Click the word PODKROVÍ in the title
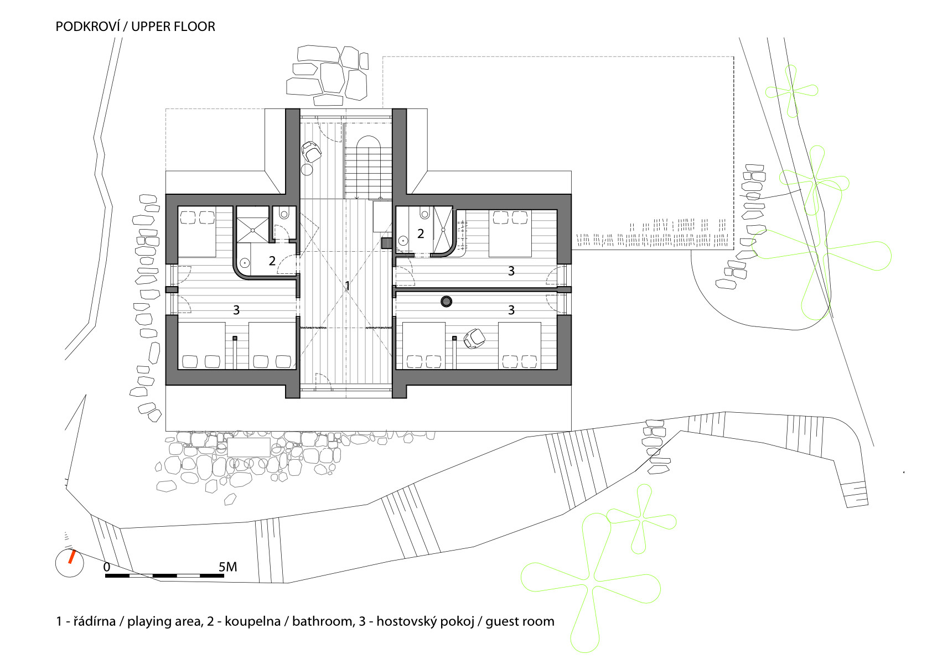tap(87, 26)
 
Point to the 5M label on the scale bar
tap(227, 567)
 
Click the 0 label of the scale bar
tap(107, 567)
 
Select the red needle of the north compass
tap(71, 557)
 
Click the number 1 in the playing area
tap(348, 286)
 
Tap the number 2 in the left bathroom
tap(272, 261)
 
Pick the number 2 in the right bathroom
tap(421, 234)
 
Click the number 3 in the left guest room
tap(236, 310)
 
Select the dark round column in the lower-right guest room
tap(447, 301)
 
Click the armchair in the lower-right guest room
tap(474, 338)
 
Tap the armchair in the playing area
tap(311, 152)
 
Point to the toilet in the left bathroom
tap(284, 213)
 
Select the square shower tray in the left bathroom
tap(252, 225)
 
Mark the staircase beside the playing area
tap(368, 167)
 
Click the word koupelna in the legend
tap(252, 621)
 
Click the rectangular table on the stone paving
tap(249, 447)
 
